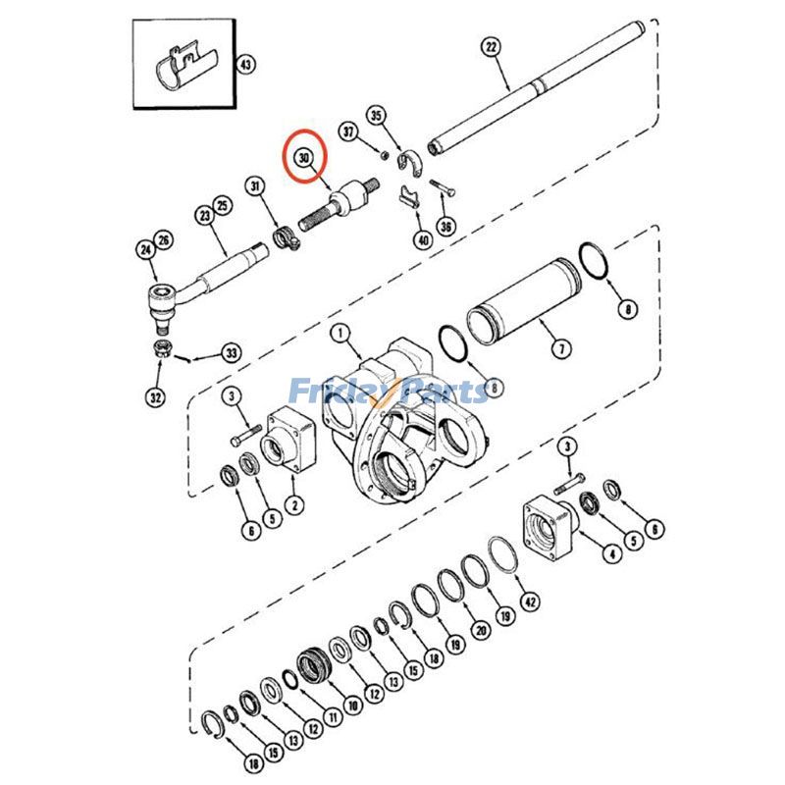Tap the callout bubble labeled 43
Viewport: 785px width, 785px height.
(245, 65)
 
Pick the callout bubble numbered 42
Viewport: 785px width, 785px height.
(531, 602)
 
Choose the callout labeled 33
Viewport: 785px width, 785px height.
(231, 352)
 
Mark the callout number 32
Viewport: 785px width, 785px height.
(157, 398)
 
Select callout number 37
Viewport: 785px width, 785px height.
(348, 131)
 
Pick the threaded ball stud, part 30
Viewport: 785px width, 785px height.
(342, 200)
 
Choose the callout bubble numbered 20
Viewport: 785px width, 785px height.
(480, 631)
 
